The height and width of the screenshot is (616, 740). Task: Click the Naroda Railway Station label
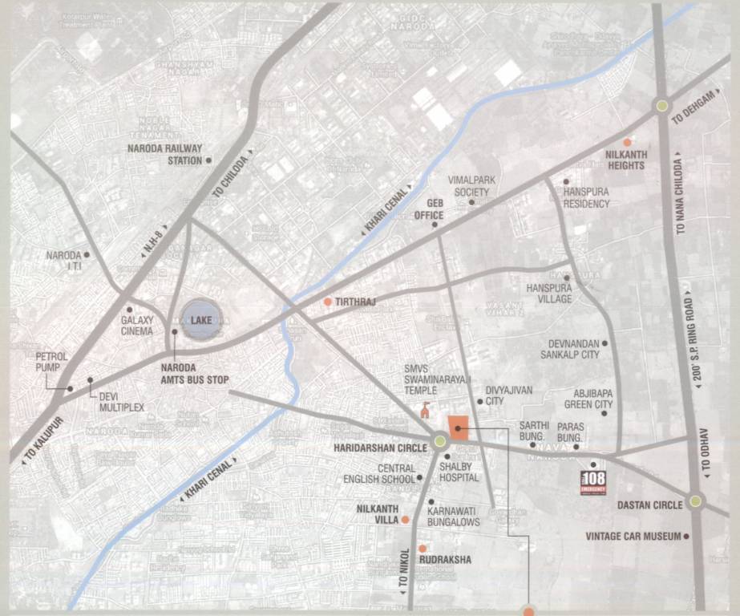pos(165,154)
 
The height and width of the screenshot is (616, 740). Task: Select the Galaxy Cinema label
pos(136,325)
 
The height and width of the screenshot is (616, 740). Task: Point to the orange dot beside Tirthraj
pos(327,302)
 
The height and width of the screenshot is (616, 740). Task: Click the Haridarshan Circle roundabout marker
pos(439,440)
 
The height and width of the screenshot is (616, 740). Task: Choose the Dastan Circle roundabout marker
pos(695,501)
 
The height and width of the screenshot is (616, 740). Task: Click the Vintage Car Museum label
pos(633,536)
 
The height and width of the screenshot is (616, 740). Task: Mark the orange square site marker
pos(459,428)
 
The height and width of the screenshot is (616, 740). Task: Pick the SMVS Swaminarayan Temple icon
pos(425,410)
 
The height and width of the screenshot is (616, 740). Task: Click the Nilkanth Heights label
pos(625,160)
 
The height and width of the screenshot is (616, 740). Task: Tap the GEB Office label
pos(429,209)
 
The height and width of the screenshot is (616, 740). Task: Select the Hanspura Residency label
pos(586,198)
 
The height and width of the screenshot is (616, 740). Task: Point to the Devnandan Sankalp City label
pos(569,349)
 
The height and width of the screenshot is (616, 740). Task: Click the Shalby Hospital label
pos(459,472)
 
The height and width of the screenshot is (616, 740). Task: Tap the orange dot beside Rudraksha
pos(423,548)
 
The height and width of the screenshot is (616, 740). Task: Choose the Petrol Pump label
pos(53,362)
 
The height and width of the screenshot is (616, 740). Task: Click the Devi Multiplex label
pos(121,402)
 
